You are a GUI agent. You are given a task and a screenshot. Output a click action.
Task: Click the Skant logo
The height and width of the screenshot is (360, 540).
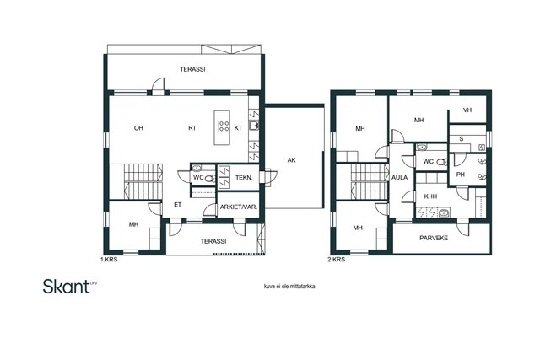(x=70, y=287)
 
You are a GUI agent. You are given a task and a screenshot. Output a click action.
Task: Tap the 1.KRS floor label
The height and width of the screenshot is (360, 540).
(x=109, y=260)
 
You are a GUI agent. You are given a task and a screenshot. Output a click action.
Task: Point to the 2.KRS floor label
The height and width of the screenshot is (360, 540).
(x=336, y=260)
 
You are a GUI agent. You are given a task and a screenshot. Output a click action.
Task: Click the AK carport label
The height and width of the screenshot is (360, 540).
(x=291, y=160)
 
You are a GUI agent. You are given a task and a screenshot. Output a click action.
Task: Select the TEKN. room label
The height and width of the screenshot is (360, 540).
(x=244, y=178)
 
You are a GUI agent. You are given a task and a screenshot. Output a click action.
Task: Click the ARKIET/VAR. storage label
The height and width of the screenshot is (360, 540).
(x=239, y=207)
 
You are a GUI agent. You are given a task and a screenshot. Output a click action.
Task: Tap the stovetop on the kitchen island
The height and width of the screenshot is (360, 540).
(x=224, y=126)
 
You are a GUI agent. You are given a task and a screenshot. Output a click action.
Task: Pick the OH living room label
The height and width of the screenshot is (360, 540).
(x=138, y=128)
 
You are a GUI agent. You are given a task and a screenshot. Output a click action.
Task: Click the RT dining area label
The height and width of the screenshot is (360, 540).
(x=192, y=128)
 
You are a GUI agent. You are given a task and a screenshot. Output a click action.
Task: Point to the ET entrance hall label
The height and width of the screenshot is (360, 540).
(x=177, y=205)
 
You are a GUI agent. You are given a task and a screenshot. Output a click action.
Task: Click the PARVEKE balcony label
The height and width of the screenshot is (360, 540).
(x=434, y=238)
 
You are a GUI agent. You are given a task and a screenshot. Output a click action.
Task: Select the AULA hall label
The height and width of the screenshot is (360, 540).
(x=399, y=178)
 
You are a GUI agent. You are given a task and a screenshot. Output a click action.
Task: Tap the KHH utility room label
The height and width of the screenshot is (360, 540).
(x=430, y=196)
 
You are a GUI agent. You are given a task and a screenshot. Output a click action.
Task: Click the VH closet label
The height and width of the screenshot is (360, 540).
(x=467, y=110)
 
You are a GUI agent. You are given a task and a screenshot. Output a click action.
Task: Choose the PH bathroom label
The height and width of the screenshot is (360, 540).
(x=461, y=175)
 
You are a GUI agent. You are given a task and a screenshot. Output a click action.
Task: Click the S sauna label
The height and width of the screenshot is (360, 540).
(x=462, y=139)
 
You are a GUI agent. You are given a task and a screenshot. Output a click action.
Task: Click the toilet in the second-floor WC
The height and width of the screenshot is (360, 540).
(x=442, y=161)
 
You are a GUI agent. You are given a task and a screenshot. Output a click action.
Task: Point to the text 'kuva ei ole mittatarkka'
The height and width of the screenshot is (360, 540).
(x=289, y=287)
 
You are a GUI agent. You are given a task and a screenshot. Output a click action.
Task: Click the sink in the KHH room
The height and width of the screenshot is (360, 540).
(x=445, y=213)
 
